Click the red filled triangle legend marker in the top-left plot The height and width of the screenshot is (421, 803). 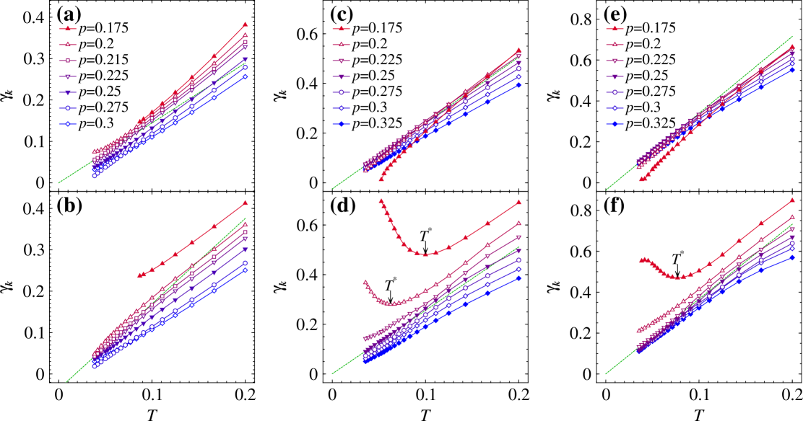[68, 29]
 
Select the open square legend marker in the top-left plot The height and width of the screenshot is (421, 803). [68, 61]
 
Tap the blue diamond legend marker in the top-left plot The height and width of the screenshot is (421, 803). [68, 124]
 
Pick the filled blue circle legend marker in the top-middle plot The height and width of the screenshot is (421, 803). [341, 124]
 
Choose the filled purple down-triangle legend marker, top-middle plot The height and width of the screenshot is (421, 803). [341, 76]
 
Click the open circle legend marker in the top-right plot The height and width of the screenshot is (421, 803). [615, 92]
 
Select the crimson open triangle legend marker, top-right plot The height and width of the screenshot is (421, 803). [615, 45]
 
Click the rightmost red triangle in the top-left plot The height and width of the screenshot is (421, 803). [245, 25]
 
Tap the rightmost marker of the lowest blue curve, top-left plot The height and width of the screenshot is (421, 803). [245, 76]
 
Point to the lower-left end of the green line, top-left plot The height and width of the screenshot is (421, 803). [58, 183]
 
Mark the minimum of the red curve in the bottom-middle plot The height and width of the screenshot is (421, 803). [425, 254]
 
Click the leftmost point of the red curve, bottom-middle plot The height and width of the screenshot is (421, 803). [381, 201]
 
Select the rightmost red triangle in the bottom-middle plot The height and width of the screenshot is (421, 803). [518, 203]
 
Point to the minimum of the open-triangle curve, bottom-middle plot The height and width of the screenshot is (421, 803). [392, 303]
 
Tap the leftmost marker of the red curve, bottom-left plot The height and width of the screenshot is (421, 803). [139, 275]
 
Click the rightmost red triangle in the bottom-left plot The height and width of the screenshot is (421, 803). [245, 203]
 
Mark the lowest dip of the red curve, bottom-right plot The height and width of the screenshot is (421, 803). [680, 277]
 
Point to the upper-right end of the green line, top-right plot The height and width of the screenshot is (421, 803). [793, 35]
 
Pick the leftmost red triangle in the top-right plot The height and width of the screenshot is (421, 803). [641, 179]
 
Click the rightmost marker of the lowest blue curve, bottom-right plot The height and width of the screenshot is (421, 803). [792, 257]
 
